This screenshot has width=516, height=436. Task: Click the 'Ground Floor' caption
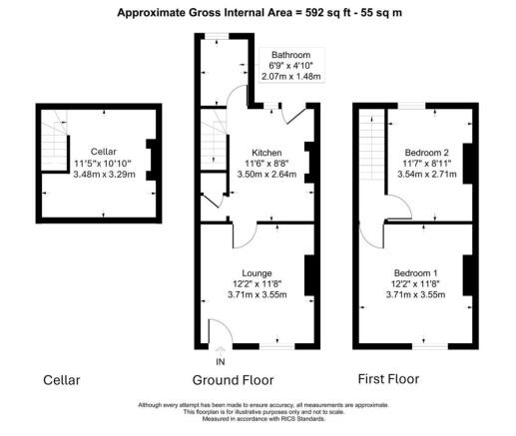(233, 380)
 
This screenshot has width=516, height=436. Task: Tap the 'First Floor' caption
(389, 379)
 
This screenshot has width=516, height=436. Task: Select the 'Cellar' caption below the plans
(62, 380)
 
